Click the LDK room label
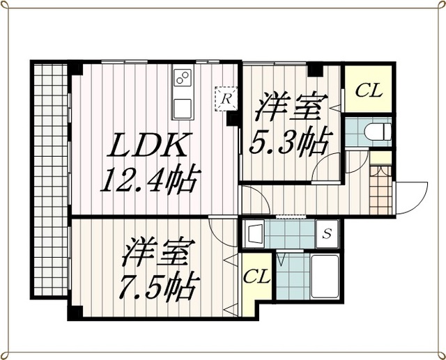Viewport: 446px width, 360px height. pyautogui.click(x=147, y=146)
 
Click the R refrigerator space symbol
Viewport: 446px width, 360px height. pyautogui.click(x=226, y=99)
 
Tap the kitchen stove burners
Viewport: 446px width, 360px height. pyautogui.click(x=183, y=77)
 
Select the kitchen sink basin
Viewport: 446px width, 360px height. pyautogui.click(x=182, y=108)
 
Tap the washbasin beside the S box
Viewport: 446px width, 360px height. pyautogui.click(x=254, y=233)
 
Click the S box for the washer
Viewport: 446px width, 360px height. pyautogui.click(x=327, y=234)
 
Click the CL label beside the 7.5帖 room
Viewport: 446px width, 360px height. pyautogui.click(x=256, y=276)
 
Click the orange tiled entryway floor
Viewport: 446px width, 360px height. pyautogui.click(x=380, y=189)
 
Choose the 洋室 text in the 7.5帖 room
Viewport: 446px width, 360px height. pyautogui.click(x=158, y=252)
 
